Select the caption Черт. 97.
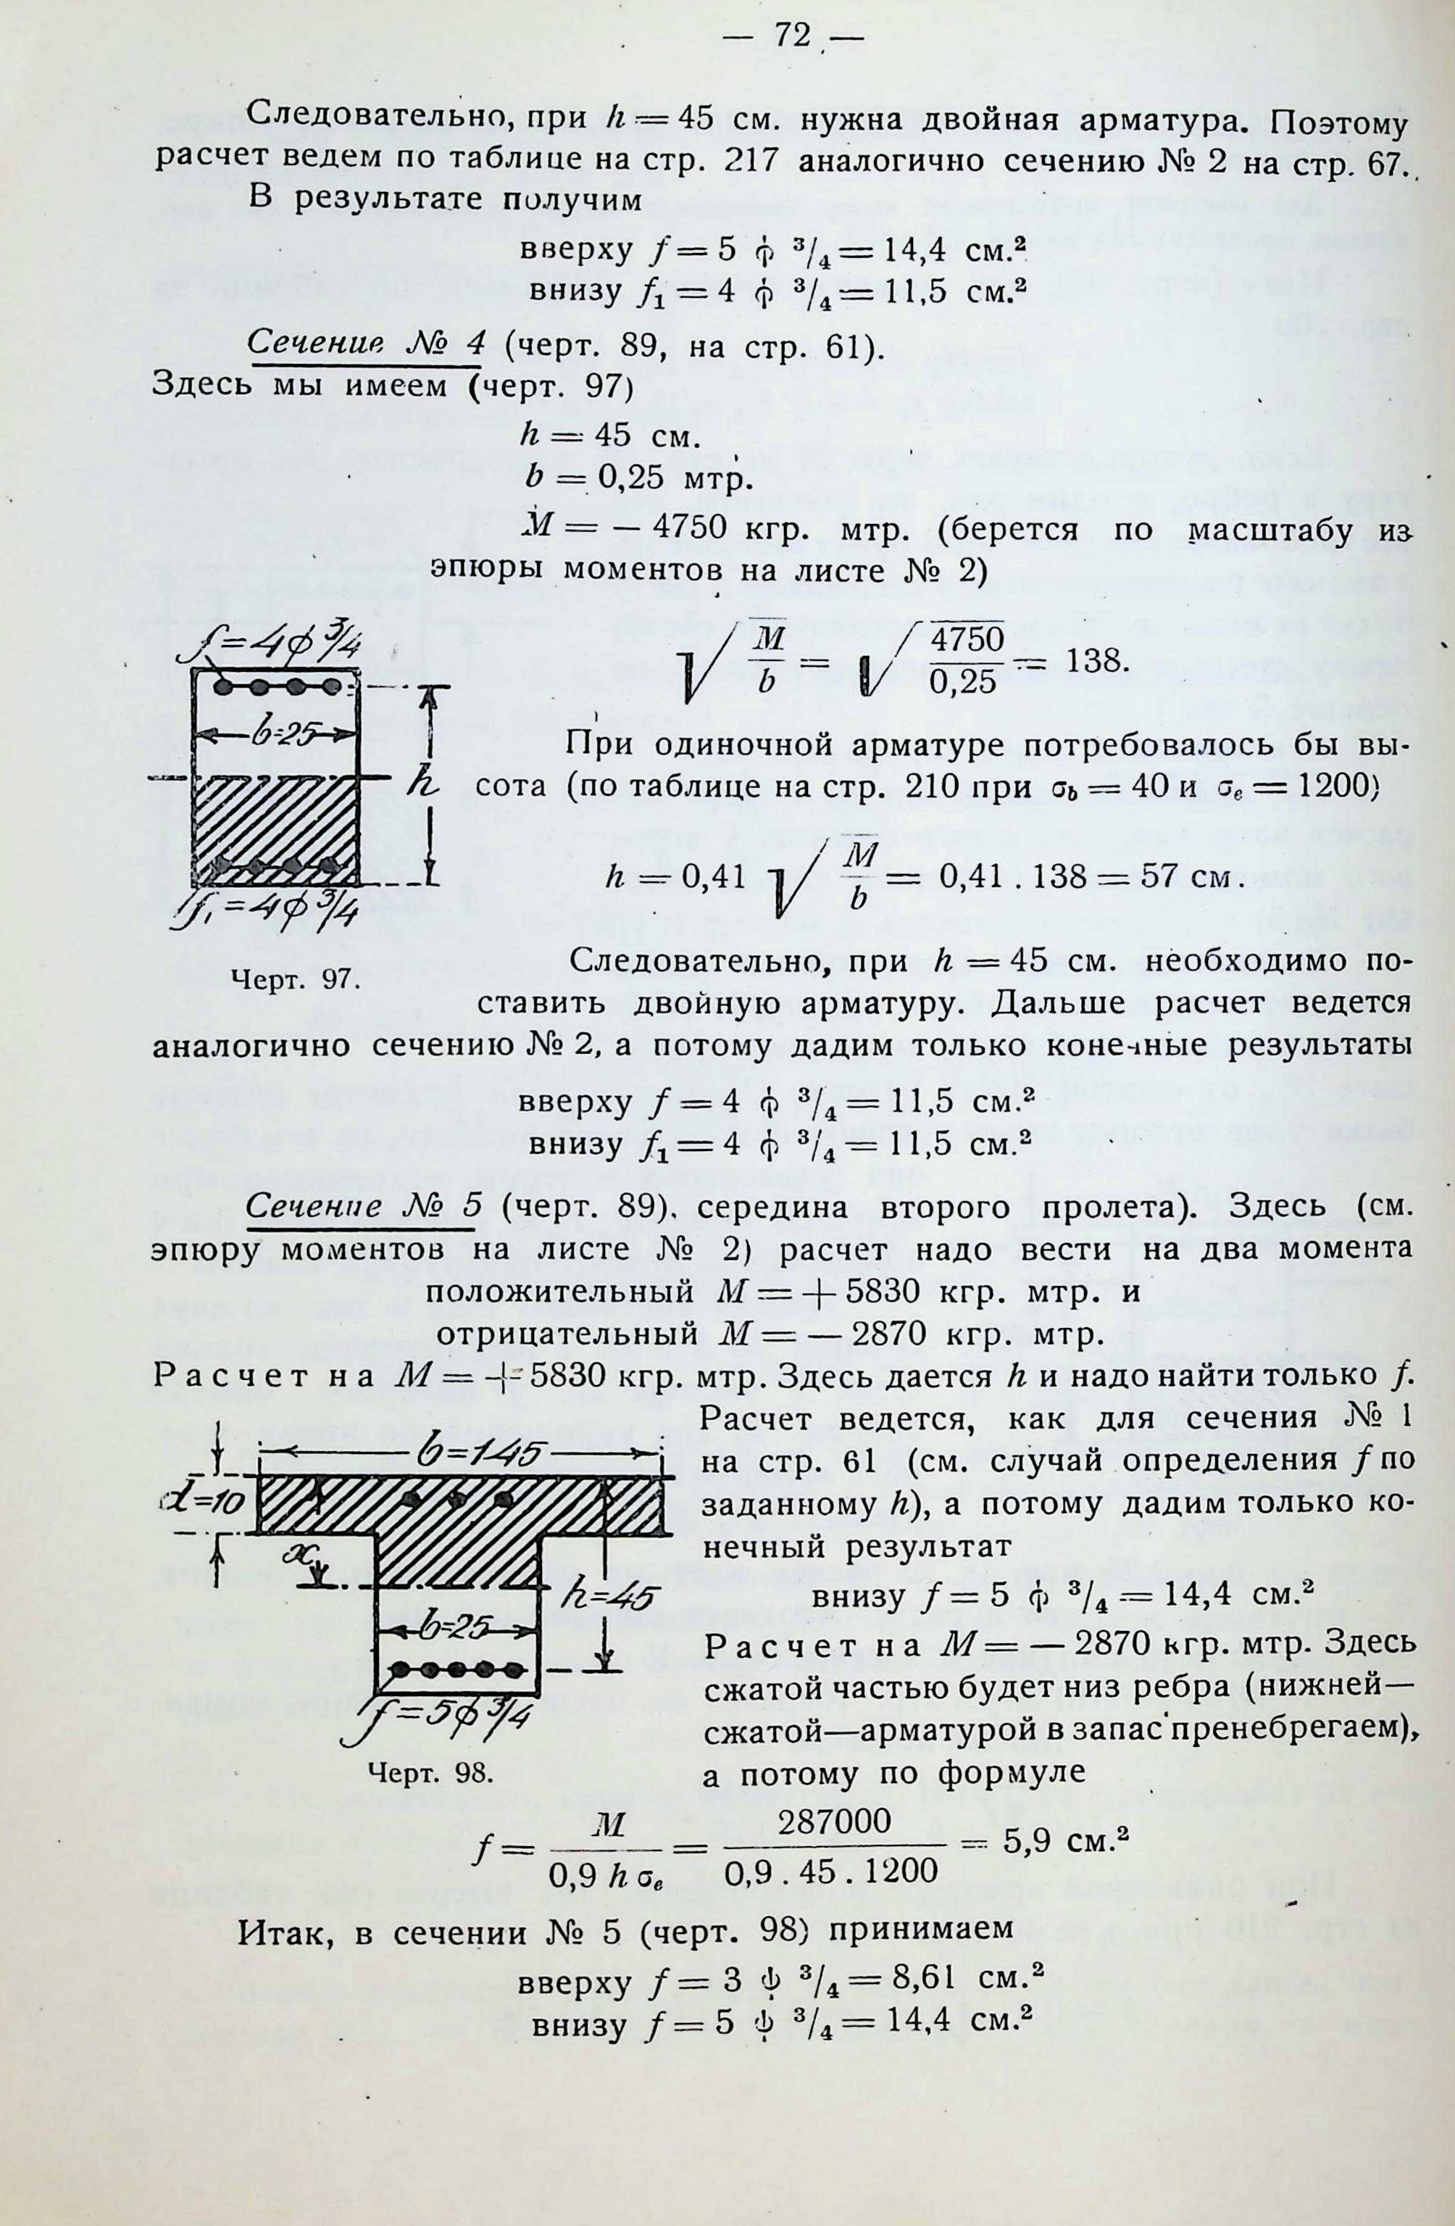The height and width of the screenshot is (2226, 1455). tap(295, 980)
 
